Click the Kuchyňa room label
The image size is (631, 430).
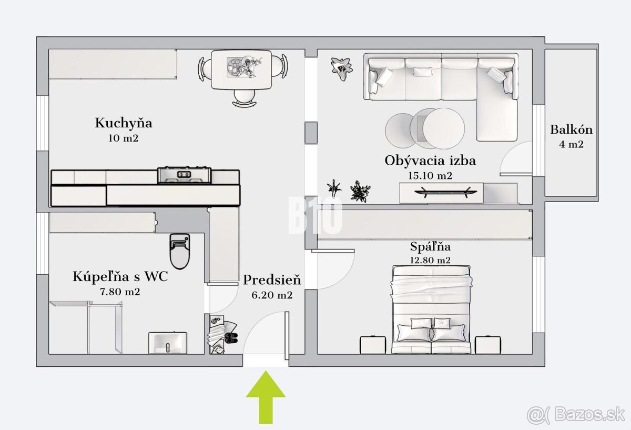point(124,123)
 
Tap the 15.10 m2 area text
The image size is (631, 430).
point(430,176)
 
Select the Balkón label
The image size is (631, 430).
point(571,129)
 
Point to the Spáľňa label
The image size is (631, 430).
point(430,247)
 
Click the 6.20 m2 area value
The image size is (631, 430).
point(272,295)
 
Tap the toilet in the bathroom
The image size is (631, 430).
point(180,251)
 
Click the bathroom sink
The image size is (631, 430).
point(168,343)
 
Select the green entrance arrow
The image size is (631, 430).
point(266,397)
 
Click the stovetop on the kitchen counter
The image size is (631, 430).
point(184,175)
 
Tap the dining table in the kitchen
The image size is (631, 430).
point(241,69)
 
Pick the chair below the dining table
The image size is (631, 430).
point(244,98)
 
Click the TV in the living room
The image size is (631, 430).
point(446,192)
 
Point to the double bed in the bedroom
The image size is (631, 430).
point(431,309)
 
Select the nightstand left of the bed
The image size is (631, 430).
point(373,345)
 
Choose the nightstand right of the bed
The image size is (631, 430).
point(488,345)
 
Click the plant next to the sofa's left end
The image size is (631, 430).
point(342,68)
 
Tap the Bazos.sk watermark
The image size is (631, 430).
point(576,415)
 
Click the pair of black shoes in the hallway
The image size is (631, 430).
point(231,338)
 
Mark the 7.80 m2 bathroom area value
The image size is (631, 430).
point(120,292)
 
